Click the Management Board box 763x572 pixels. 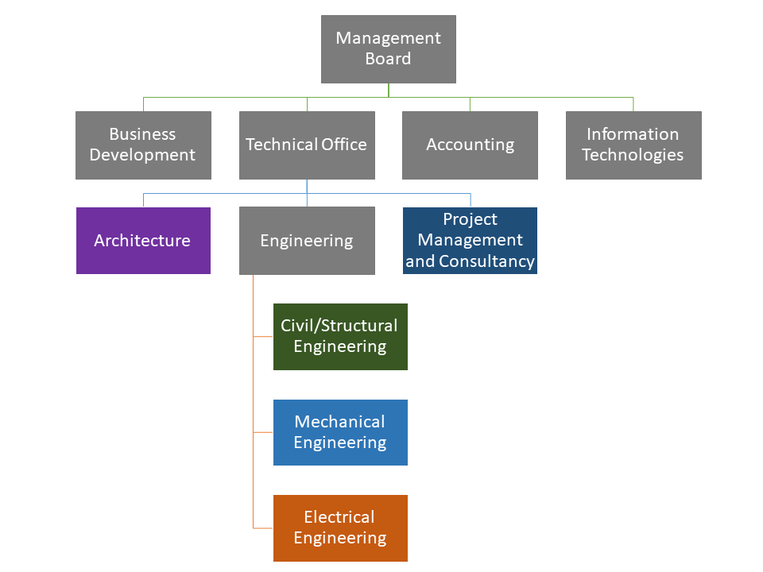pyautogui.click(x=388, y=48)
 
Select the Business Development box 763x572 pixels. pyautogui.click(x=143, y=145)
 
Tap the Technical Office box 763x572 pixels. pyautogui.click(x=307, y=145)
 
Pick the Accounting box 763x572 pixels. pyautogui.click(x=470, y=145)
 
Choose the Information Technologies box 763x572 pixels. pyautogui.click(x=633, y=145)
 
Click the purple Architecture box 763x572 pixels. pyautogui.click(x=143, y=240)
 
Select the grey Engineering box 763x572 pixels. pyautogui.click(x=307, y=240)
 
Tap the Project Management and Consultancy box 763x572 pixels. pyautogui.click(x=470, y=240)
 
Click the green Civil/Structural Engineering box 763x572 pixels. pyautogui.click(x=340, y=336)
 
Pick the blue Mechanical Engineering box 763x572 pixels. pyautogui.click(x=340, y=432)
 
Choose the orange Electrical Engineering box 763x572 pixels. pyautogui.click(x=340, y=528)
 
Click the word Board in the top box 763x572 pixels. pyautogui.click(x=388, y=59)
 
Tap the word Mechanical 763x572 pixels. pyautogui.click(x=339, y=422)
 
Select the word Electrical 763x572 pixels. pyautogui.click(x=339, y=517)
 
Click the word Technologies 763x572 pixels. pyautogui.click(x=633, y=155)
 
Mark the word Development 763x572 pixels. pyautogui.click(x=142, y=155)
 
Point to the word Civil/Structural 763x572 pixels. pyautogui.click(x=339, y=326)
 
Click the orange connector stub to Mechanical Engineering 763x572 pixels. pyautogui.click(x=263, y=432)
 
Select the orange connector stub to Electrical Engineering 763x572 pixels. pyautogui.click(x=263, y=528)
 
